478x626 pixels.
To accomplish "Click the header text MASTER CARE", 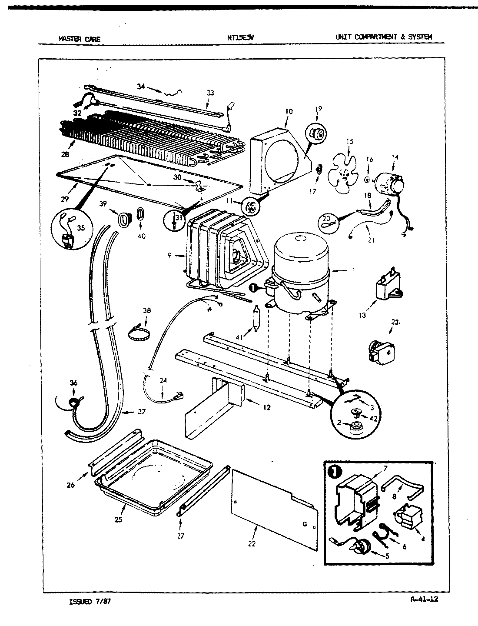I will pos(79,39).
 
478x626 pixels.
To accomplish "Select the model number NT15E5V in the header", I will pos(240,37).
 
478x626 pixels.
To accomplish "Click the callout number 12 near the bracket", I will pos(266,407).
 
